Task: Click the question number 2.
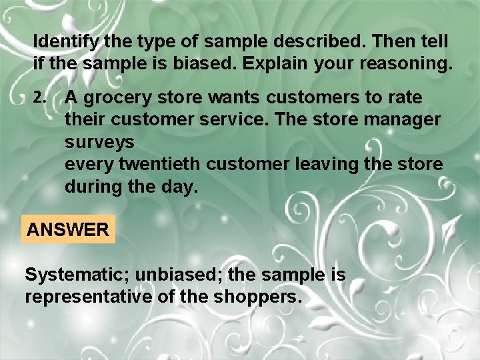pyautogui.click(x=39, y=97)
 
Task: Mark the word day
pyautogui.click(x=181, y=187)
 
